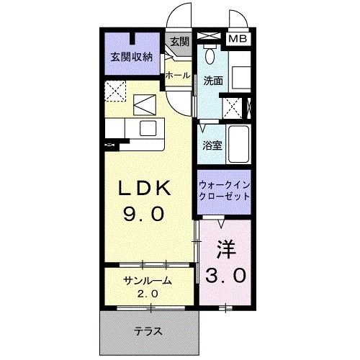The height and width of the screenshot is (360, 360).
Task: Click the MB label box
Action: coord(237,38)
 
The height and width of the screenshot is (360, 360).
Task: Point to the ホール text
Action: coord(177,75)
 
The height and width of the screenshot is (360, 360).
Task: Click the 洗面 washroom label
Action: coord(213,81)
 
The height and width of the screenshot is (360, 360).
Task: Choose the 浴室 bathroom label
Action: coord(212,145)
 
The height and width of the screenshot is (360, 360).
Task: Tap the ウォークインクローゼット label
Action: coord(224,190)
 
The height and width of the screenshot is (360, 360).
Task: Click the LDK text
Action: coord(145,189)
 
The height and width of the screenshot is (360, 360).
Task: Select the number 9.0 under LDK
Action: coord(145,214)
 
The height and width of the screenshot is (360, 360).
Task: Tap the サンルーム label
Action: coord(146,282)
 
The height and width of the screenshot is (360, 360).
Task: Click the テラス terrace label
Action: coord(147,332)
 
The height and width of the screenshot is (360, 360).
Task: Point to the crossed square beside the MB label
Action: coord(210,37)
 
